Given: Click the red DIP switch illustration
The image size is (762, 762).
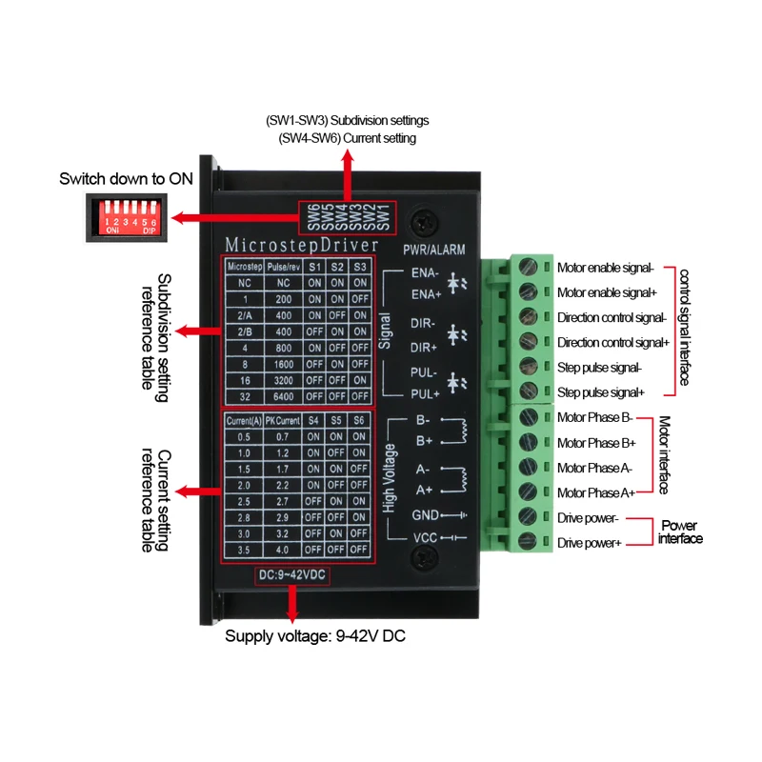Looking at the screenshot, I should [x=122, y=215].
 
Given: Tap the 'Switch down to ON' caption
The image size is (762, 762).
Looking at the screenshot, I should [x=126, y=178].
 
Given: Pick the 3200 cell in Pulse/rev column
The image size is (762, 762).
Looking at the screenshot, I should [x=283, y=380].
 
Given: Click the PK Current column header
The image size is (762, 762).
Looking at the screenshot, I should [x=283, y=420].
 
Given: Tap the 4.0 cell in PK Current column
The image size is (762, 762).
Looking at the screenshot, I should [x=283, y=550].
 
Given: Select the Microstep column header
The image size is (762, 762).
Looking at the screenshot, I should [x=244, y=266].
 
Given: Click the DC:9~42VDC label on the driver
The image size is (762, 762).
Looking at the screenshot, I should [x=291, y=576].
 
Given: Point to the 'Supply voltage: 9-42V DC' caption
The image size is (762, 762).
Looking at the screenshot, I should [x=314, y=637].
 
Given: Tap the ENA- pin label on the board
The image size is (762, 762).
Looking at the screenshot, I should [x=425, y=273].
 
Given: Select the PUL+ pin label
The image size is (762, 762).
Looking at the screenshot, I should [x=425, y=391].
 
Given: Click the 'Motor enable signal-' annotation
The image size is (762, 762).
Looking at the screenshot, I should [x=611, y=268].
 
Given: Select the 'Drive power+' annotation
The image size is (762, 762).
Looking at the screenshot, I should [x=589, y=542].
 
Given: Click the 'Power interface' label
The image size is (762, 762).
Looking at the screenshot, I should [x=679, y=531].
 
